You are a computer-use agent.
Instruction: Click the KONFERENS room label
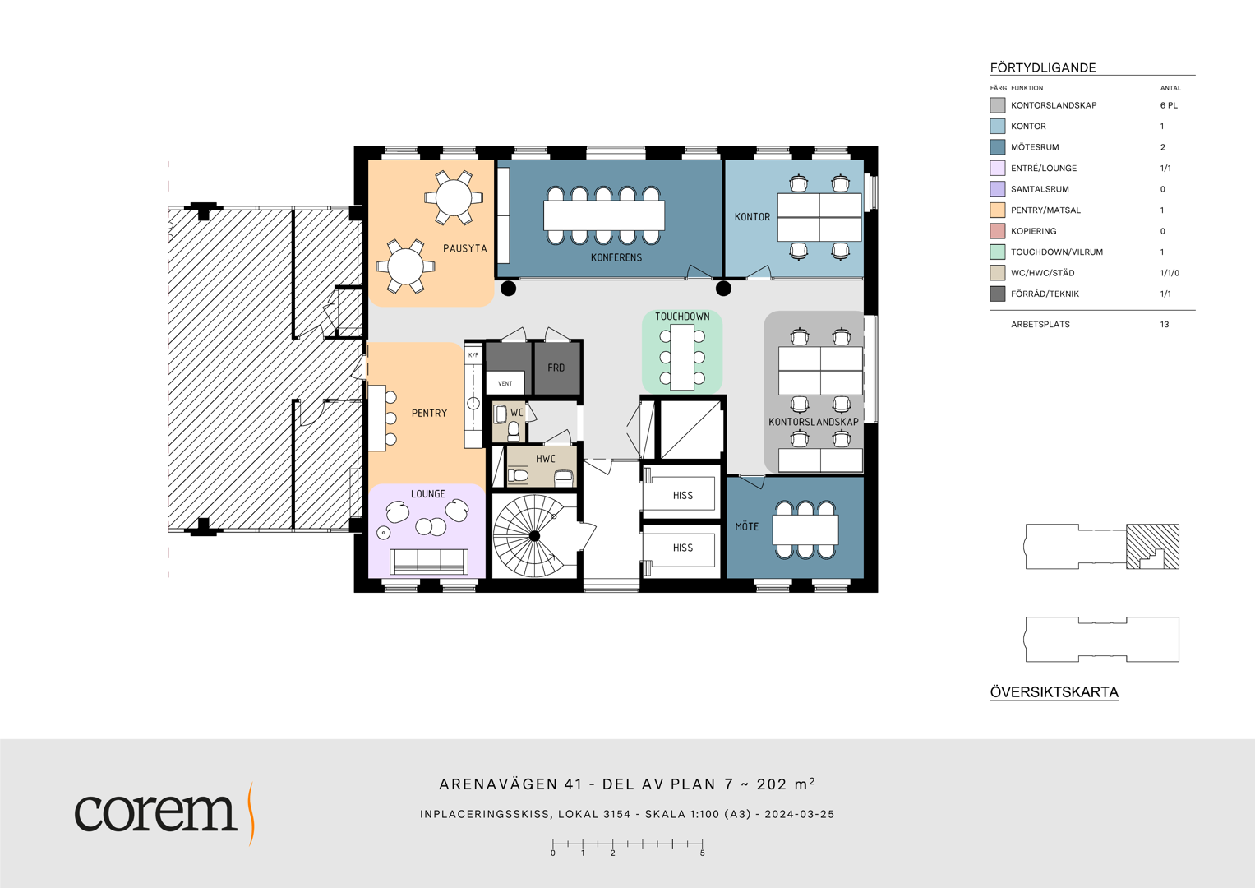point(616,257)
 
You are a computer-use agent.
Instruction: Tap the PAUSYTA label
point(464,248)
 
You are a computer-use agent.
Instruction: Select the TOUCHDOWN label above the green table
point(682,317)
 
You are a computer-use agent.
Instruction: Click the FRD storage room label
point(556,368)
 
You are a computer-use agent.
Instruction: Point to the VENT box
point(505,383)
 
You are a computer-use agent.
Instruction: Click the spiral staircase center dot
point(534,536)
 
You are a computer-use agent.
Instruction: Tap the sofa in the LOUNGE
point(428,561)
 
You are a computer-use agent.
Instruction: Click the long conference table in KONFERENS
point(603,215)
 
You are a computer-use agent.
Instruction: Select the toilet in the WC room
point(513,431)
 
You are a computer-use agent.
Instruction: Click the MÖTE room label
point(746,526)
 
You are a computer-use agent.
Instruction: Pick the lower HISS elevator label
point(682,548)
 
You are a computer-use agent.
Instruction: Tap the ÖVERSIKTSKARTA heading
point(1054,692)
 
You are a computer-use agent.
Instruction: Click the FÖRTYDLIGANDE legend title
point(1043,67)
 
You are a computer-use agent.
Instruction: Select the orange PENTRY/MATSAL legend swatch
point(997,210)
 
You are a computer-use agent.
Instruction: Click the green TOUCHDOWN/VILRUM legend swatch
point(997,252)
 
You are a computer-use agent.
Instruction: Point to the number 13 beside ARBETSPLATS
point(1165,325)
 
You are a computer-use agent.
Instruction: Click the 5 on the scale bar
point(702,853)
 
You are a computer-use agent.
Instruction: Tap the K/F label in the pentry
point(473,355)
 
